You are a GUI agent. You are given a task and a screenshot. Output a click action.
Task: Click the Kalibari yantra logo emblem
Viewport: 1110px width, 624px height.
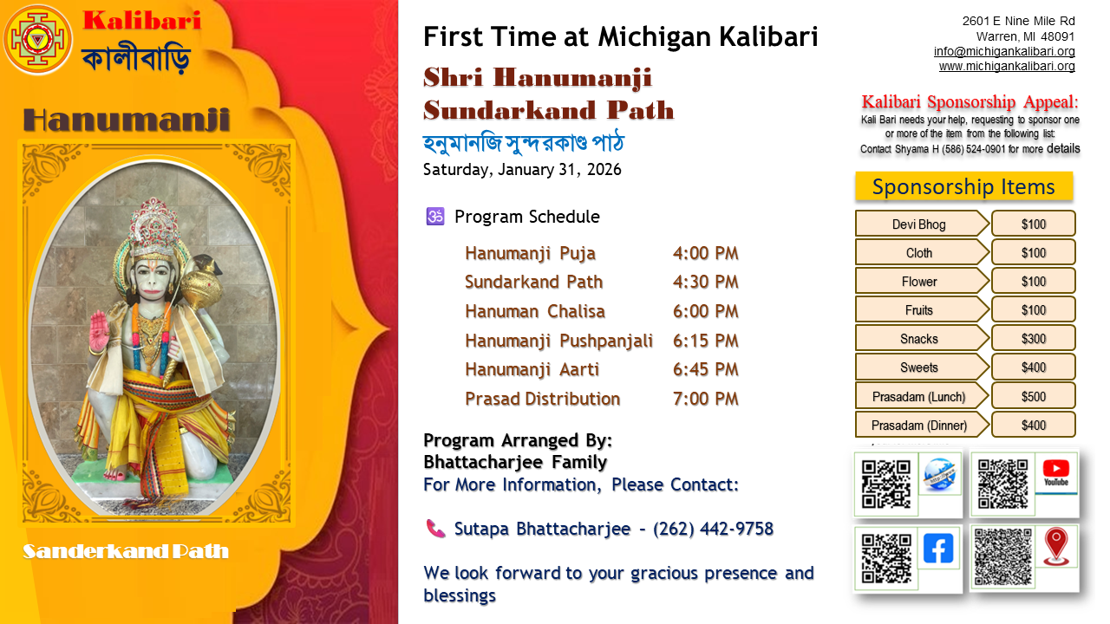37,40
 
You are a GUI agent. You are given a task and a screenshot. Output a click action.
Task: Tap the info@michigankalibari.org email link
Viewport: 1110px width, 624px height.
1004,51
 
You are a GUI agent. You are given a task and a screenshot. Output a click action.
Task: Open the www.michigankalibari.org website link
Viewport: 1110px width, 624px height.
1007,67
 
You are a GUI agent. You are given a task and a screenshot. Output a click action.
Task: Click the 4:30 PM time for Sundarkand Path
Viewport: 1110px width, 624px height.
705,282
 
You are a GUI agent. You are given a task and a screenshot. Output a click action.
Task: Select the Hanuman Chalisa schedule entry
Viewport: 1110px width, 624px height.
535,311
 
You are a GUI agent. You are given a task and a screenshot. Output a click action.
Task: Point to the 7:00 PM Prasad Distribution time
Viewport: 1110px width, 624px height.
705,399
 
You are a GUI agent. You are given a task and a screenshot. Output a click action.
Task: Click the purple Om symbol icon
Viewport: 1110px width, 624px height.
435,217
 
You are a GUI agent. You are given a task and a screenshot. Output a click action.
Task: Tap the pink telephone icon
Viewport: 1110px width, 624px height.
435,529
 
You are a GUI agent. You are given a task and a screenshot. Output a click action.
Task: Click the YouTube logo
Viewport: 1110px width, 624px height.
1055,472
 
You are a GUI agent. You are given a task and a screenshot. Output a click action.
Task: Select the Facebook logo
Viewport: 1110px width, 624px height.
938,549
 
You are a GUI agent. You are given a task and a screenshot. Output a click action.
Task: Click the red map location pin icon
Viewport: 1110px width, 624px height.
1055,547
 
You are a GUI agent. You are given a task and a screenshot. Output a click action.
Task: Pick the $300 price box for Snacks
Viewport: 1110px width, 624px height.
1033,339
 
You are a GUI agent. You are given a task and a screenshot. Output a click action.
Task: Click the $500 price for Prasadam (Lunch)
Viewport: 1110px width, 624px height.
1033,397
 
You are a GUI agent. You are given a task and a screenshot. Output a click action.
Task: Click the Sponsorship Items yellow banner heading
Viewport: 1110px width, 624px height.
963,186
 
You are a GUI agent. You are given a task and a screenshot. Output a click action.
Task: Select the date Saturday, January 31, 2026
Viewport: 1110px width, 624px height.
522,169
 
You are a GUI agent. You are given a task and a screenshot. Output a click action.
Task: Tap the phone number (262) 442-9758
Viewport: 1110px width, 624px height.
713,529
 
